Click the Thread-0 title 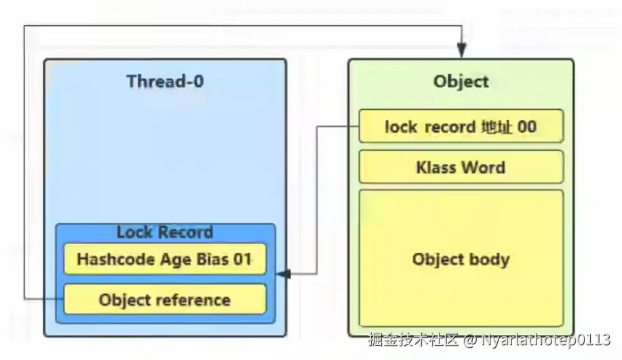tap(165, 82)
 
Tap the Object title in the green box tap(461, 82)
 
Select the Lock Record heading tap(165, 233)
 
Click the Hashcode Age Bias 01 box tap(165, 259)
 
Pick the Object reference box tap(165, 300)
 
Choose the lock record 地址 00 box tap(461, 126)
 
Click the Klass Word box tap(461, 167)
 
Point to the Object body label tap(461, 259)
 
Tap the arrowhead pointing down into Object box tap(461, 52)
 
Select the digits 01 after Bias tap(241, 259)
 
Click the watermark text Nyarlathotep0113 tap(546, 339)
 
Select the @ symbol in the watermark tap(471, 339)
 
